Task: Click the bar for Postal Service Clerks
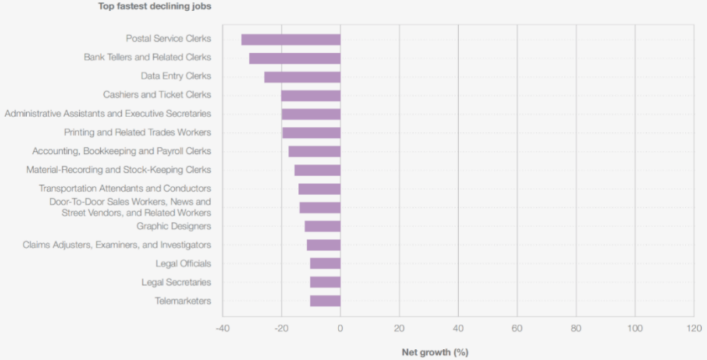pos(291,39)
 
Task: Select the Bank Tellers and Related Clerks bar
pos(295,58)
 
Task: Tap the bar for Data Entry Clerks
pos(302,77)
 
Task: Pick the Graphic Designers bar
pos(323,226)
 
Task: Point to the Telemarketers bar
pos(325,301)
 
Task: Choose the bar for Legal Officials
pos(325,264)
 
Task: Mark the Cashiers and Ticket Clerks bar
pos(311,95)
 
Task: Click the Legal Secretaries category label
pos(176,283)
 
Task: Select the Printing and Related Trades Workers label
pos(137,132)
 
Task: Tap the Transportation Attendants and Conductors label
pos(124,189)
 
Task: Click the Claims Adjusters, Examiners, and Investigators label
pos(117,245)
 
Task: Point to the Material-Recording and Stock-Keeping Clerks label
pos(118,170)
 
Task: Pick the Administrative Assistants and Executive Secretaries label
pos(108,114)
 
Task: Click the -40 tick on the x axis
pos(223,329)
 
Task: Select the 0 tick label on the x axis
pos(340,329)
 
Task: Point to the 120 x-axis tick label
pos(693,329)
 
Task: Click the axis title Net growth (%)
pos(435,352)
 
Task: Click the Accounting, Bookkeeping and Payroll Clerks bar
pos(314,151)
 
